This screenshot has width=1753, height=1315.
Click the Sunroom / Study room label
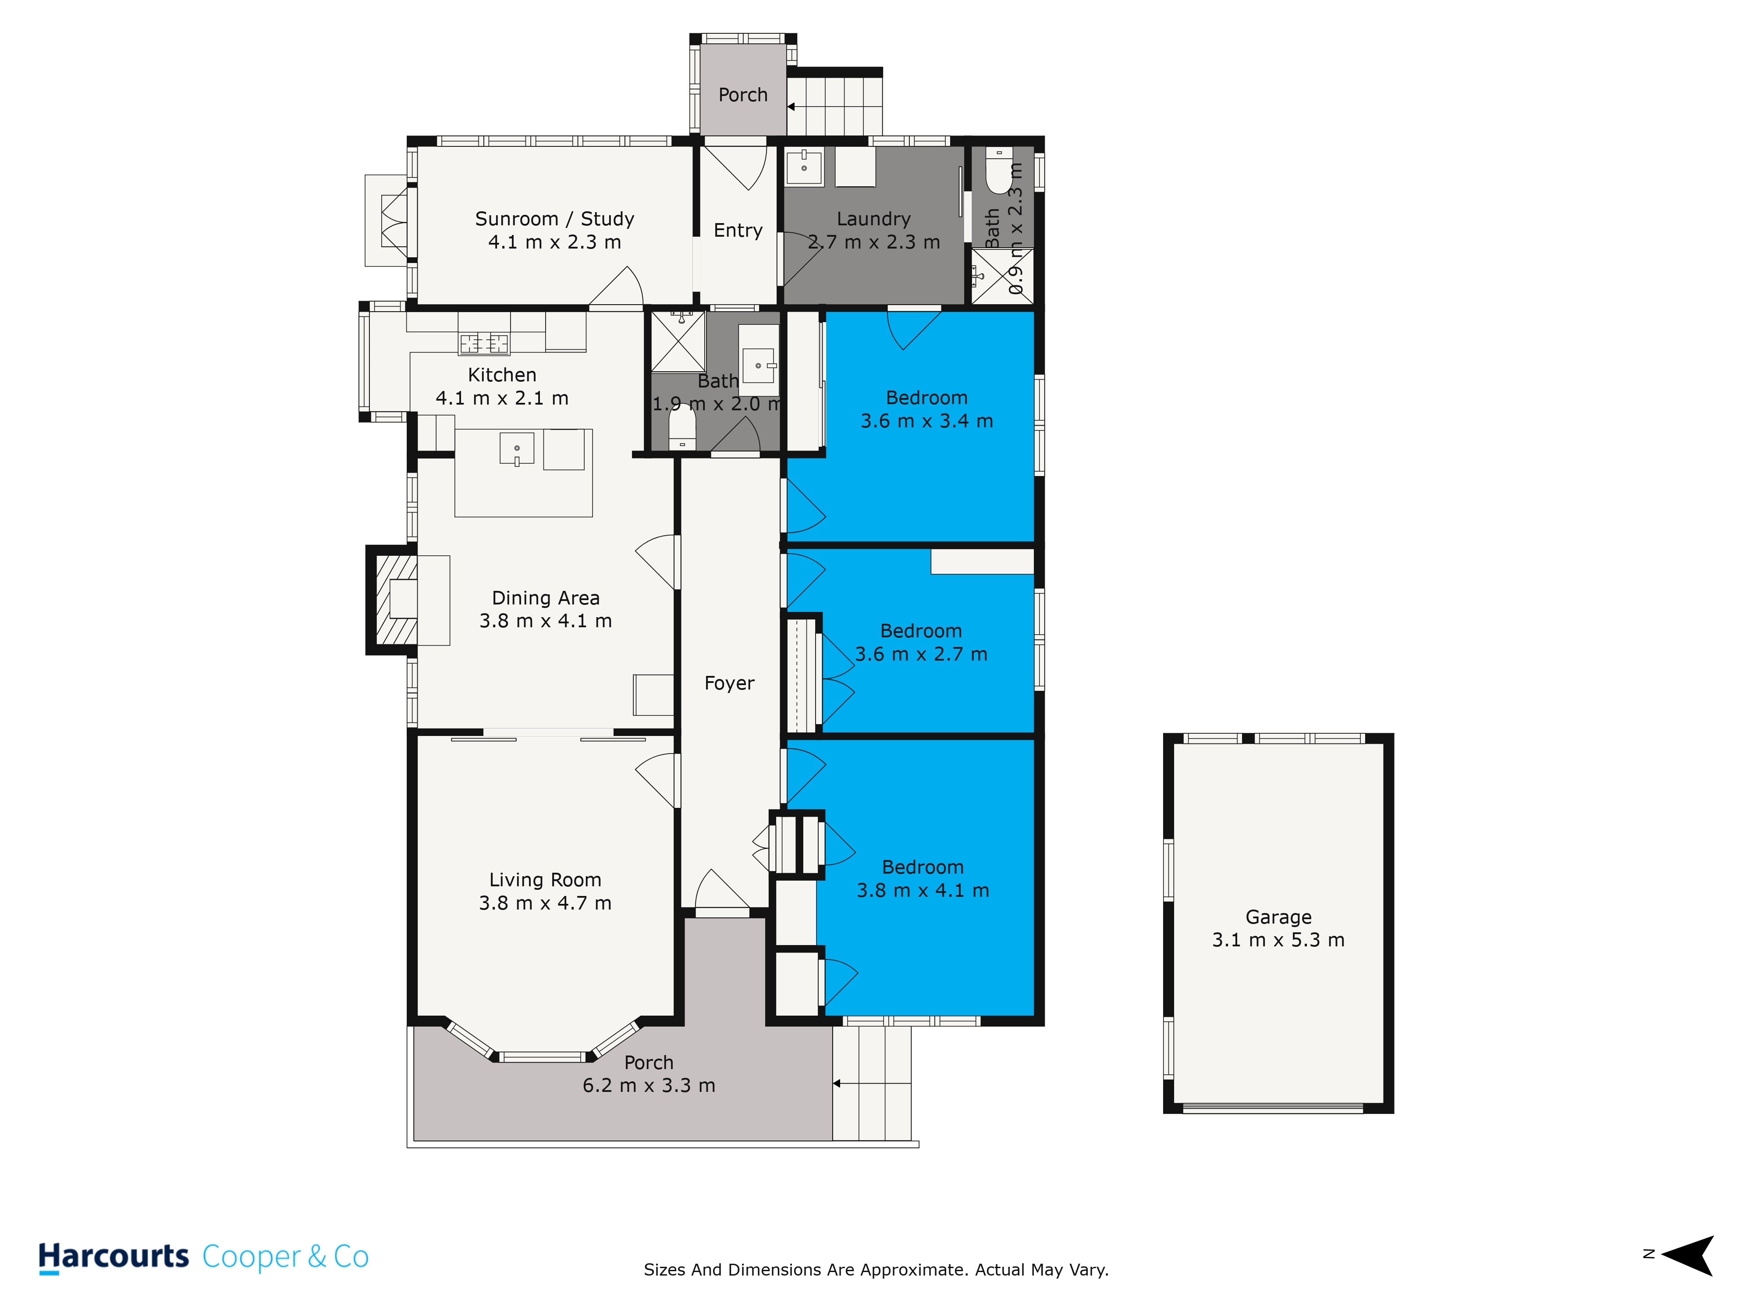pyautogui.click(x=555, y=219)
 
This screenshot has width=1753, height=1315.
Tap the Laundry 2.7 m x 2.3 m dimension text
pyautogui.click(x=874, y=242)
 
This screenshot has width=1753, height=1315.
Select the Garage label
pyautogui.click(x=1278, y=917)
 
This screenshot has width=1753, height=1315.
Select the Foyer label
pyautogui.click(x=729, y=683)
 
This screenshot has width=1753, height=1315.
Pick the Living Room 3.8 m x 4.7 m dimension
pyautogui.click(x=545, y=903)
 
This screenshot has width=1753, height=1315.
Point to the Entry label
pyautogui.click(x=738, y=231)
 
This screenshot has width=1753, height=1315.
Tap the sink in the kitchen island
pyautogui.click(x=517, y=449)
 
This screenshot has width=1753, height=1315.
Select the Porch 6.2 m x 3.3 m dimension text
pyautogui.click(x=649, y=1086)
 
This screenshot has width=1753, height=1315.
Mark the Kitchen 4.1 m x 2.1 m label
pyautogui.click(x=502, y=387)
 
